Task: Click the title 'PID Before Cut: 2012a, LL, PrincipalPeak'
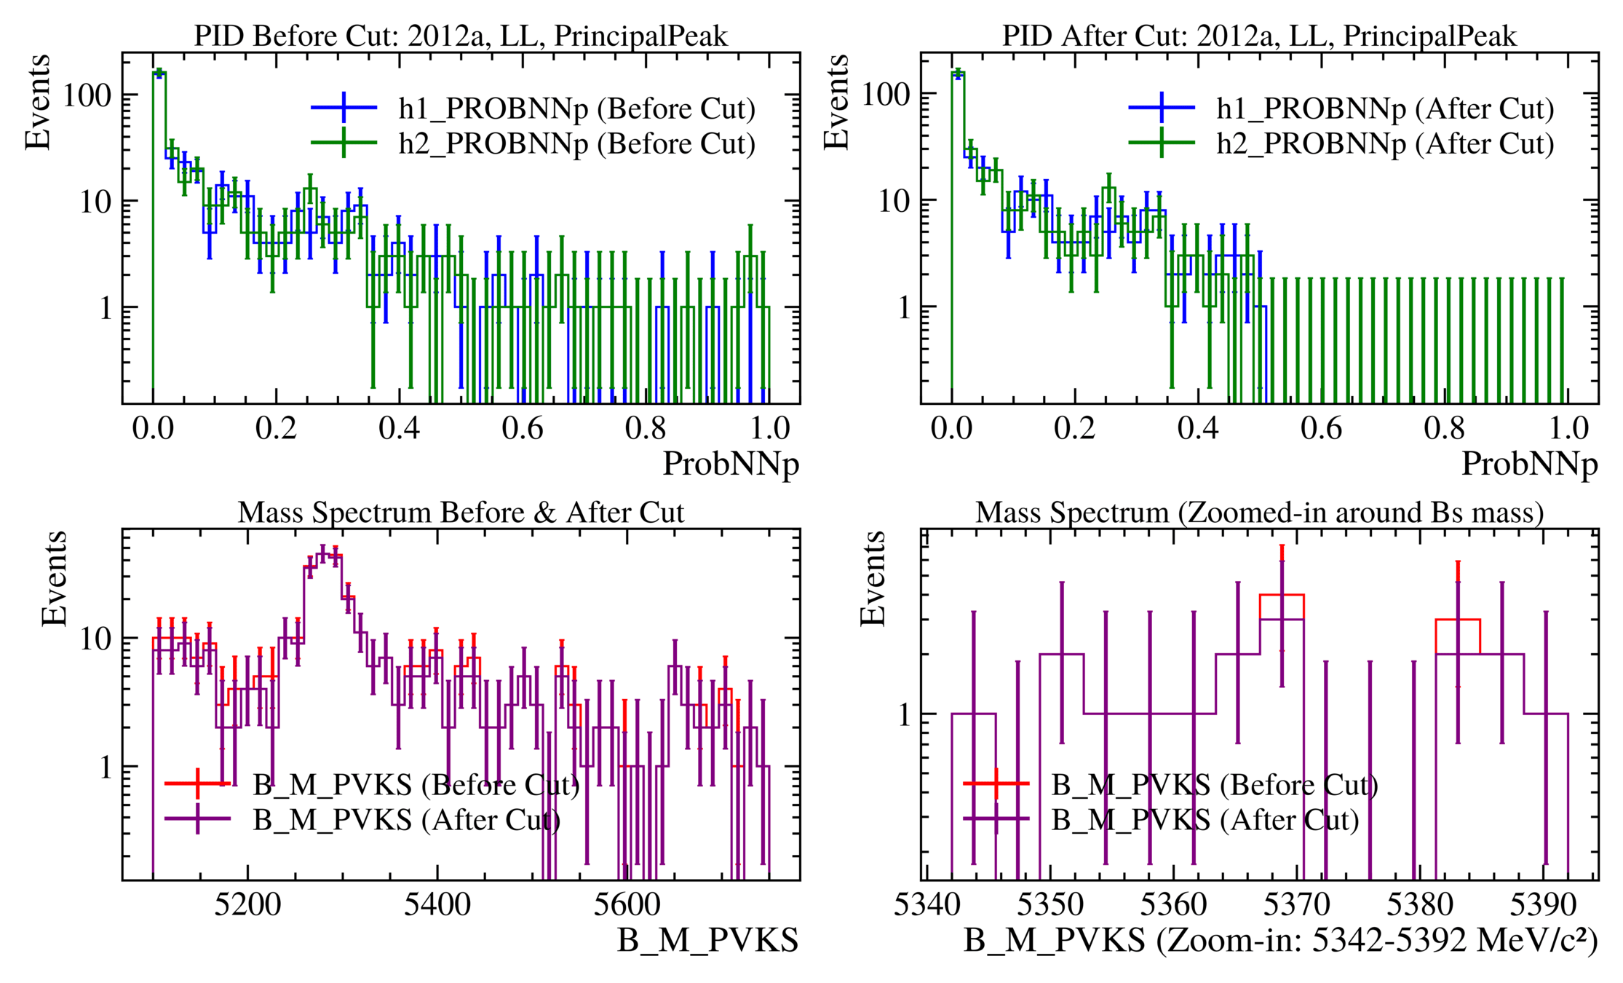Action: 460,36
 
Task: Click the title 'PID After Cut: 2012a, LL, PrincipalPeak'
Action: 1259,36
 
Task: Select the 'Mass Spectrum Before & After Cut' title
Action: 460,513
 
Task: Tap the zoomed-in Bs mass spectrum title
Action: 1259,513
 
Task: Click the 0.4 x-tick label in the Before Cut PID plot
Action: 399,429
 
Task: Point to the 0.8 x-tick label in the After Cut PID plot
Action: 1445,429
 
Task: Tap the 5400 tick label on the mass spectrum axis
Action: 437,905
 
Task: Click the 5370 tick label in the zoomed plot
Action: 1296,905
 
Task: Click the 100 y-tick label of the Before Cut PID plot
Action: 87,95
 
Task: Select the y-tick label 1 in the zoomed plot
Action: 904,715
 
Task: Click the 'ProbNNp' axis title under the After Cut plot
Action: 1529,464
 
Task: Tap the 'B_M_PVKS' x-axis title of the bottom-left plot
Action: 707,941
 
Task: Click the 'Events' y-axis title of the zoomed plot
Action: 873,579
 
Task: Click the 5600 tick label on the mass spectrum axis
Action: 627,905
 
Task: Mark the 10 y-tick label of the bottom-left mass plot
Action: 96,639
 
